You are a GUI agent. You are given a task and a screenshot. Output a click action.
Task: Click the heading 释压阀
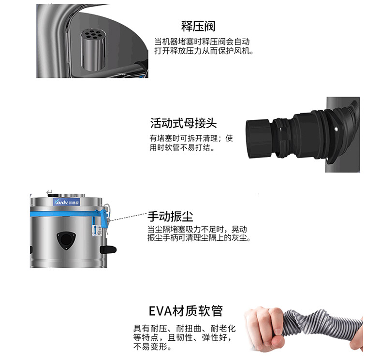pos(198,26)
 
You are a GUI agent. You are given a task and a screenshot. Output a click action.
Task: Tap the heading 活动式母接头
pos(183,123)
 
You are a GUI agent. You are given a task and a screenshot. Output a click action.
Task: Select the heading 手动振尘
pos(170,217)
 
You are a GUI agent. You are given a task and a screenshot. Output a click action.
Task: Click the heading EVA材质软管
pos(186,311)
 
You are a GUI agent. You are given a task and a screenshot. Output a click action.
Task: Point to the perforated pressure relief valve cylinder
pos(92,50)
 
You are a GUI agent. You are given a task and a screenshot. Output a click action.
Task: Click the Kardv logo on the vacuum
pos(66,203)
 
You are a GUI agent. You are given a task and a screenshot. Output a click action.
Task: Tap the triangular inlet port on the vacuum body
pos(66,240)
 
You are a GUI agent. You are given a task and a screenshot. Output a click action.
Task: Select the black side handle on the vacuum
pos(108,249)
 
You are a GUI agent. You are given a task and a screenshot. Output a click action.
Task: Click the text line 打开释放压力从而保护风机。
pos(204,51)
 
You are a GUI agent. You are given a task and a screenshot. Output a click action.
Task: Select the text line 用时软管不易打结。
pos(182,147)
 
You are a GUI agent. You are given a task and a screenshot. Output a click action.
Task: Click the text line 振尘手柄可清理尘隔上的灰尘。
pos(199,238)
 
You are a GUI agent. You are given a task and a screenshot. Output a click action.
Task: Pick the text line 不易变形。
pos(152,347)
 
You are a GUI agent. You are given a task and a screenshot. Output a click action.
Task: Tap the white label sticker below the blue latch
pos(97,230)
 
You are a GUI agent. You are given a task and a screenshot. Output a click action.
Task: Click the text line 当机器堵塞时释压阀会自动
pos(202,42)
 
